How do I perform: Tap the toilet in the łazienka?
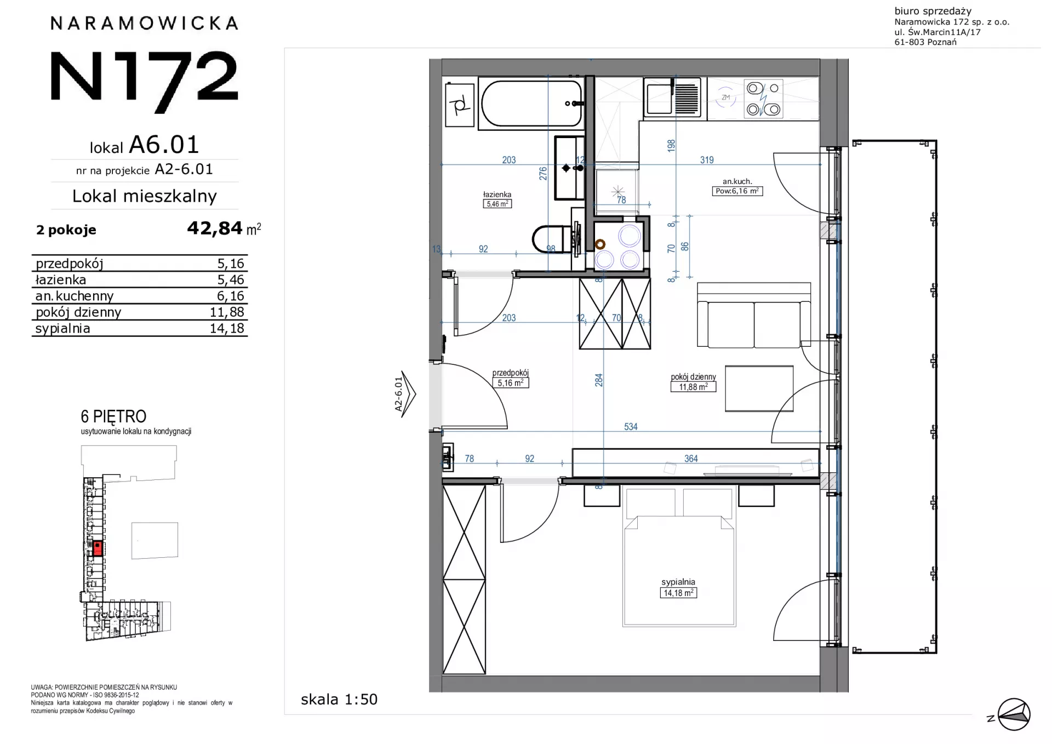[553, 239]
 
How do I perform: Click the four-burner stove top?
[763, 99]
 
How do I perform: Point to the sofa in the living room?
[753, 315]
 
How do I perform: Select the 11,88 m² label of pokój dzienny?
[693, 387]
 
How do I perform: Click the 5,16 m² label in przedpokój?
[510, 383]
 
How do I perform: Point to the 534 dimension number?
[631, 427]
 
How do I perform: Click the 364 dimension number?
[691, 459]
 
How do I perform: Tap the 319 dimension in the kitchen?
[707, 160]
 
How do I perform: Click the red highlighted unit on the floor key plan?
[98, 548]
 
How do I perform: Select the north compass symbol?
[1014, 714]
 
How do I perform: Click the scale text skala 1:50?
[339, 700]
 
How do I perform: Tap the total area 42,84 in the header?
[215, 227]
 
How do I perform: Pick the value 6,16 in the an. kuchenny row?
[230, 296]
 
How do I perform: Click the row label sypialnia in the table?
[62, 329]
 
